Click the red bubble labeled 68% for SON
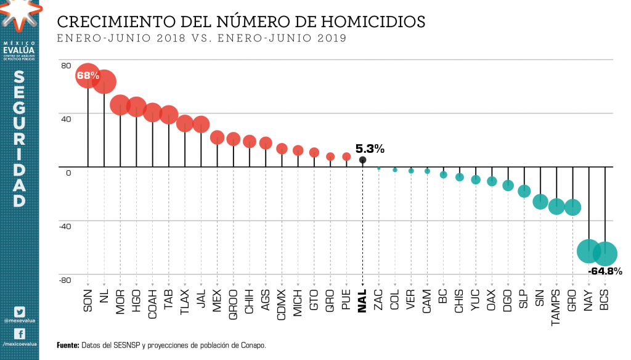tap(88, 76)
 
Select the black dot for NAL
tap(362, 160)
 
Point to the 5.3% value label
tap(370, 149)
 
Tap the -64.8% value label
tap(605, 271)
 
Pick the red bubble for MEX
tap(217, 137)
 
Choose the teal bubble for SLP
tap(524, 191)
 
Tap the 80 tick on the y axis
tap(66, 65)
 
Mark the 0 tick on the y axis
tap(68, 172)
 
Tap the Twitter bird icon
tap(19, 312)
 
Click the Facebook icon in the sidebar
tap(19, 333)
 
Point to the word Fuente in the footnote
tap(67, 345)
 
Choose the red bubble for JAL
tap(201, 125)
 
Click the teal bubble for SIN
tap(540, 201)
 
